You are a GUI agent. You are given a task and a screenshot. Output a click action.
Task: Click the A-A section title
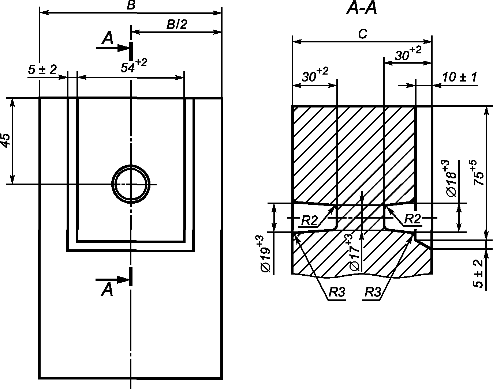click(x=362, y=9)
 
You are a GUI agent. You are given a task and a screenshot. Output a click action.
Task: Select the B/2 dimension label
click(x=177, y=24)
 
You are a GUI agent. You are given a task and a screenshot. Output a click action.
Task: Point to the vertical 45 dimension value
click(x=5, y=140)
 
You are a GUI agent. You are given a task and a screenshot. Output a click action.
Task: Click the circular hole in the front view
click(x=131, y=165)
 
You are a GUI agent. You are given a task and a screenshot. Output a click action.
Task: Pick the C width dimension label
click(x=363, y=34)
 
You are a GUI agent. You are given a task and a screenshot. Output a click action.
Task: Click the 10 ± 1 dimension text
click(x=460, y=77)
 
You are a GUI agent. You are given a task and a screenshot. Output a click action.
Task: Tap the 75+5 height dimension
click(x=478, y=172)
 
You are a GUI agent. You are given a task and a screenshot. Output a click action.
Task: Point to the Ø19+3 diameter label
click(x=265, y=254)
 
